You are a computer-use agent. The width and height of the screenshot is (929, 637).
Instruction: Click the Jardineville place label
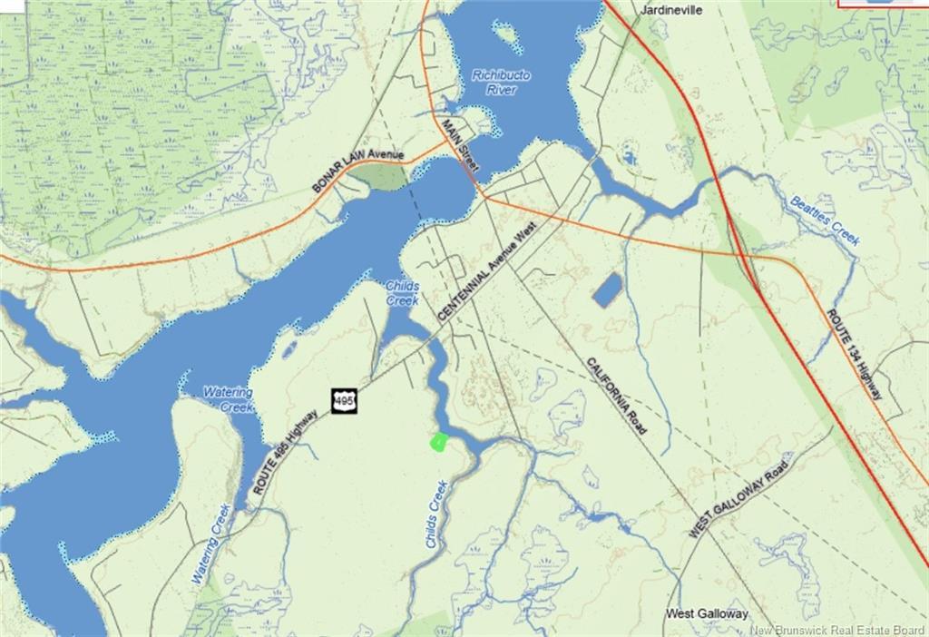[672, 10]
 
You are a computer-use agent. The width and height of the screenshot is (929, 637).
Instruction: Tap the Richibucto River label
[501, 82]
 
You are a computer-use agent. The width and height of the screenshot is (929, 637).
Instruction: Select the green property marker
[437, 443]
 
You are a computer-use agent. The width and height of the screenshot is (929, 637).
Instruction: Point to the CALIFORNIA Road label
[616, 396]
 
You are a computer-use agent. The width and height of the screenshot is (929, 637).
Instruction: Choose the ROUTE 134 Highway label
[854, 354]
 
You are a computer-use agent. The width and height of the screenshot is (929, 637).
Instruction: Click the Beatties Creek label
[824, 220]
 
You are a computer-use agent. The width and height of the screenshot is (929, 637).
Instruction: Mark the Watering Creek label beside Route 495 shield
[228, 399]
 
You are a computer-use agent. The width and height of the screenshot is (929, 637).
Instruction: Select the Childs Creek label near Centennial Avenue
[402, 292]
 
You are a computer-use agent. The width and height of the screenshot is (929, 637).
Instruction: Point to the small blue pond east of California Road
[607, 289]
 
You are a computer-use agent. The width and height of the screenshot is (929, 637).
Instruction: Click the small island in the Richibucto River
[505, 36]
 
